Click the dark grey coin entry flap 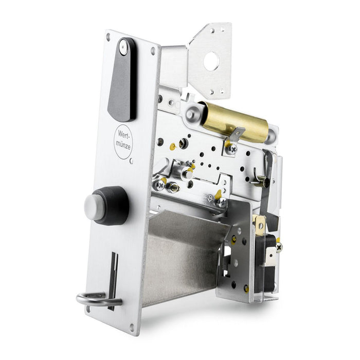point(121,87)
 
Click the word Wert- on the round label point(123,133)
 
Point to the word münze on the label point(123,145)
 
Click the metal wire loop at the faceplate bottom point(95,299)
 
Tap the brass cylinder point(237,122)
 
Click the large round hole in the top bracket point(211,62)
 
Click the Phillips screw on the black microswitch point(279,247)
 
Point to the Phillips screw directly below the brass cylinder point(231,150)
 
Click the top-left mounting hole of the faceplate point(108,38)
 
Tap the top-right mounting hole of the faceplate point(152,51)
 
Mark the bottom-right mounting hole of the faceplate point(132,326)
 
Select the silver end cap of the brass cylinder point(193,113)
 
